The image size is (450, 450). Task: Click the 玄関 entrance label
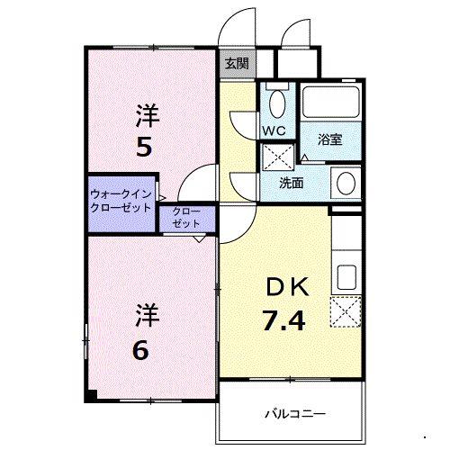click(238, 64)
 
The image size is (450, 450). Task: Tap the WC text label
click(274, 131)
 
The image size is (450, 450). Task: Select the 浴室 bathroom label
click(330, 139)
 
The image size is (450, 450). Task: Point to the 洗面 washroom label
click(291, 183)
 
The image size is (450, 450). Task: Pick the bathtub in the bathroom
click(330, 101)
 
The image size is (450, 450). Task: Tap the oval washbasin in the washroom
click(345, 183)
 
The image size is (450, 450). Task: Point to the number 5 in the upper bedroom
click(143, 147)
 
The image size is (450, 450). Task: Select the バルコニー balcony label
click(294, 413)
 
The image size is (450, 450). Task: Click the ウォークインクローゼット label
click(122, 200)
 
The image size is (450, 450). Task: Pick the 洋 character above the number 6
click(147, 315)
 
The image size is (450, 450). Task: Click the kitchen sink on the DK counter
click(345, 274)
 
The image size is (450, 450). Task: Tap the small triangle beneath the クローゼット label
click(197, 238)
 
